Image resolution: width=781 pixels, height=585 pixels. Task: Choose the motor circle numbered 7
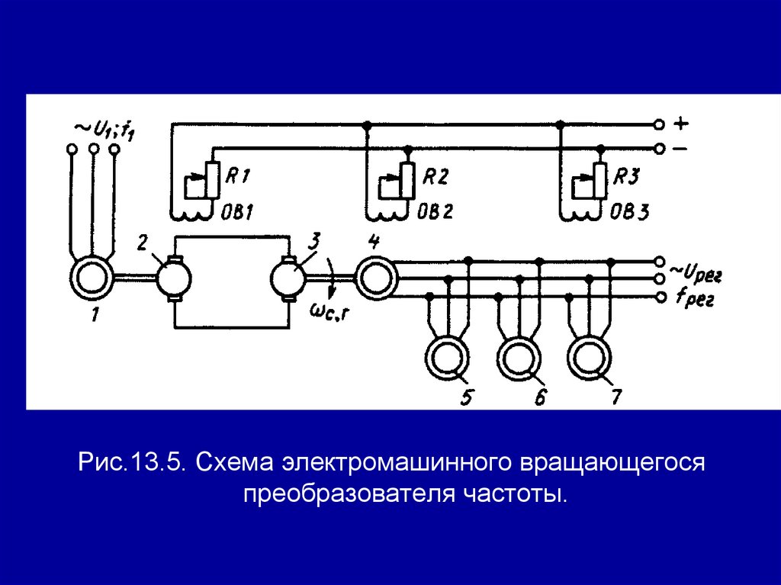click(x=590, y=355)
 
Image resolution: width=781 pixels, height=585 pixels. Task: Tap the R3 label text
click(x=629, y=177)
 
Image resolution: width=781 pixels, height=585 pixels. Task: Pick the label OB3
click(x=629, y=211)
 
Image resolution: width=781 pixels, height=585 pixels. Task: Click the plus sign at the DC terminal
click(x=681, y=123)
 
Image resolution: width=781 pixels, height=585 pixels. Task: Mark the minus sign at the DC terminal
click(x=681, y=149)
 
